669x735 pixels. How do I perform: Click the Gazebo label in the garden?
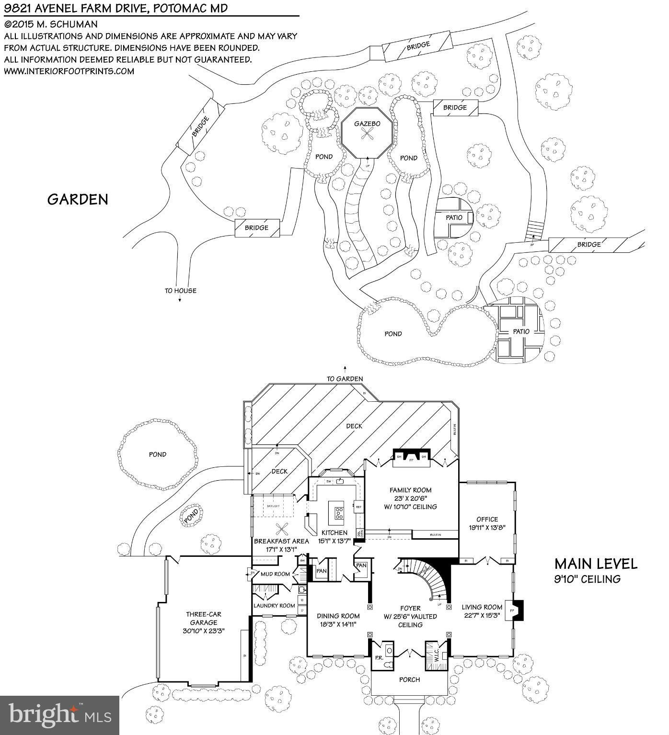(x=367, y=124)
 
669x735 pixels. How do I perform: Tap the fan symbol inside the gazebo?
(x=367, y=134)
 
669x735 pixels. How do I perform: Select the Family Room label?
(x=410, y=490)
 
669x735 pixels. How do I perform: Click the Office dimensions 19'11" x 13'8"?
(x=487, y=528)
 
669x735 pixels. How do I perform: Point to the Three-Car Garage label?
(x=204, y=618)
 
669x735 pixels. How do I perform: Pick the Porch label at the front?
(x=409, y=679)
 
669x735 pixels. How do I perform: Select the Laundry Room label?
(x=275, y=606)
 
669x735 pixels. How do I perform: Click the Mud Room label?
(x=275, y=574)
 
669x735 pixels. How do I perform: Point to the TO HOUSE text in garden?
(x=180, y=291)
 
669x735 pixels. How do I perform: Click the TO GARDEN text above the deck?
(x=345, y=379)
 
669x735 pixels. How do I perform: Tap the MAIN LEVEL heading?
(x=596, y=564)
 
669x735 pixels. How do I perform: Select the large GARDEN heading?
(x=78, y=199)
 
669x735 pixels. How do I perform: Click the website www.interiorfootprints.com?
(x=69, y=71)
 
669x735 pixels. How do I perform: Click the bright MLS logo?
(x=59, y=715)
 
